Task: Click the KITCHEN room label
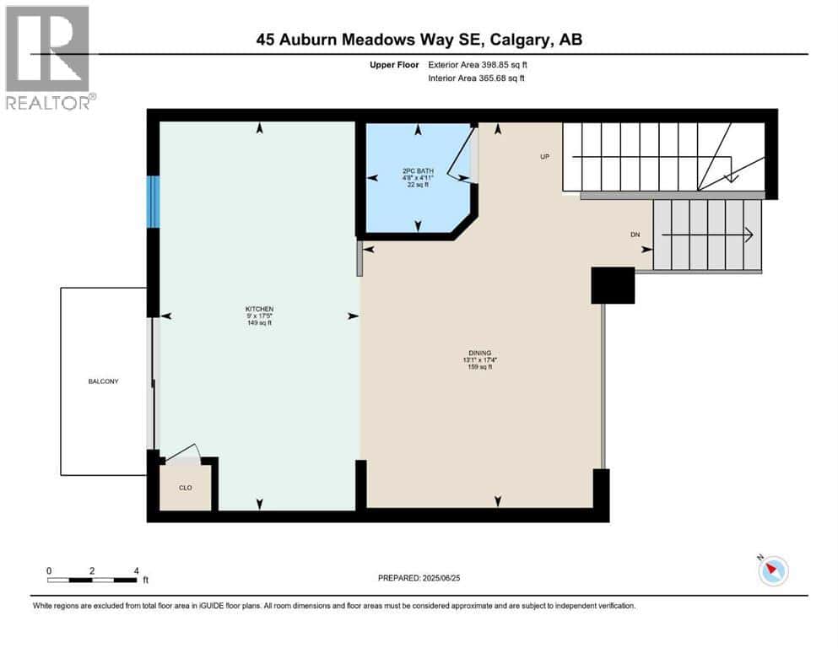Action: pyautogui.click(x=259, y=309)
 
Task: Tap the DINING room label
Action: pyautogui.click(x=479, y=353)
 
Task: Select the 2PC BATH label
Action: pyautogui.click(x=417, y=171)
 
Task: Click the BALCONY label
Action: pyautogui.click(x=104, y=381)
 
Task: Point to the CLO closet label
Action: pyautogui.click(x=186, y=487)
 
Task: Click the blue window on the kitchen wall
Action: pyautogui.click(x=153, y=202)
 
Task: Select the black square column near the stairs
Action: pyautogui.click(x=613, y=285)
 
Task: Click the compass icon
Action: pyautogui.click(x=772, y=571)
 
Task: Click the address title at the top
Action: pyautogui.click(x=419, y=40)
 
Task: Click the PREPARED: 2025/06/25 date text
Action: pyautogui.click(x=419, y=578)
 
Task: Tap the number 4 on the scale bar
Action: pyautogui.click(x=136, y=570)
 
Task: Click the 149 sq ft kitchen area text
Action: pyautogui.click(x=259, y=323)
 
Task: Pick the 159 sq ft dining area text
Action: pyautogui.click(x=479, y=366)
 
